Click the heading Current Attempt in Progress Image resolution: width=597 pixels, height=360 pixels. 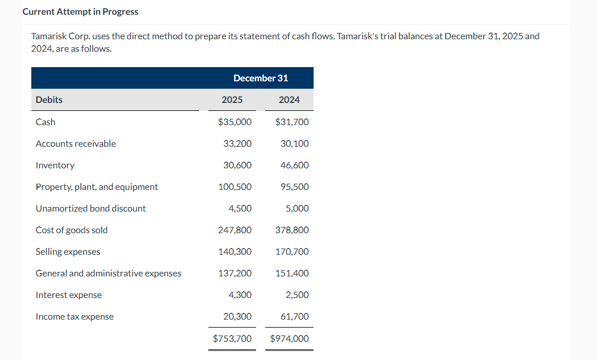80,12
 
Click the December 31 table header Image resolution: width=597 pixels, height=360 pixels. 260,78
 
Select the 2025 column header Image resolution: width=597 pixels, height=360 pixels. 232,100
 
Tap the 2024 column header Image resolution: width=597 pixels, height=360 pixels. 289,100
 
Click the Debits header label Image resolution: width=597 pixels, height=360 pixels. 49,100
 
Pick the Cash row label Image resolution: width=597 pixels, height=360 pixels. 46,122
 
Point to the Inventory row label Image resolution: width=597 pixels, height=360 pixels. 55,165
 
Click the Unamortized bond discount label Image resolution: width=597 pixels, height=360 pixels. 90,208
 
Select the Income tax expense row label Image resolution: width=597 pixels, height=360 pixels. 75,316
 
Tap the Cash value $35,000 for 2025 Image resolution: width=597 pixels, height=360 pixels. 235,122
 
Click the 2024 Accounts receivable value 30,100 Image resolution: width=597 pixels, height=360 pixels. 295,143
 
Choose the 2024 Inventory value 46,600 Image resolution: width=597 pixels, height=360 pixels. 295,165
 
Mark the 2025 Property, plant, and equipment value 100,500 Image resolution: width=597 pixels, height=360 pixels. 235,187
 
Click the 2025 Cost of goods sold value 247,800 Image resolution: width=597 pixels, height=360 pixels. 235,230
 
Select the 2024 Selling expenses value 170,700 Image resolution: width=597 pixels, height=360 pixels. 292,251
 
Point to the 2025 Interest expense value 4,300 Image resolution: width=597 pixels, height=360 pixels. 240,295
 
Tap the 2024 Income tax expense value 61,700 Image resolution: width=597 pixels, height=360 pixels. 295,316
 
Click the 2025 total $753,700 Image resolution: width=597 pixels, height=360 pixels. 232,338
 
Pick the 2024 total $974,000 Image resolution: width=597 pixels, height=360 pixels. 290,338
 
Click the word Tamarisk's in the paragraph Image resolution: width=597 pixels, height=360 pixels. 357,36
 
